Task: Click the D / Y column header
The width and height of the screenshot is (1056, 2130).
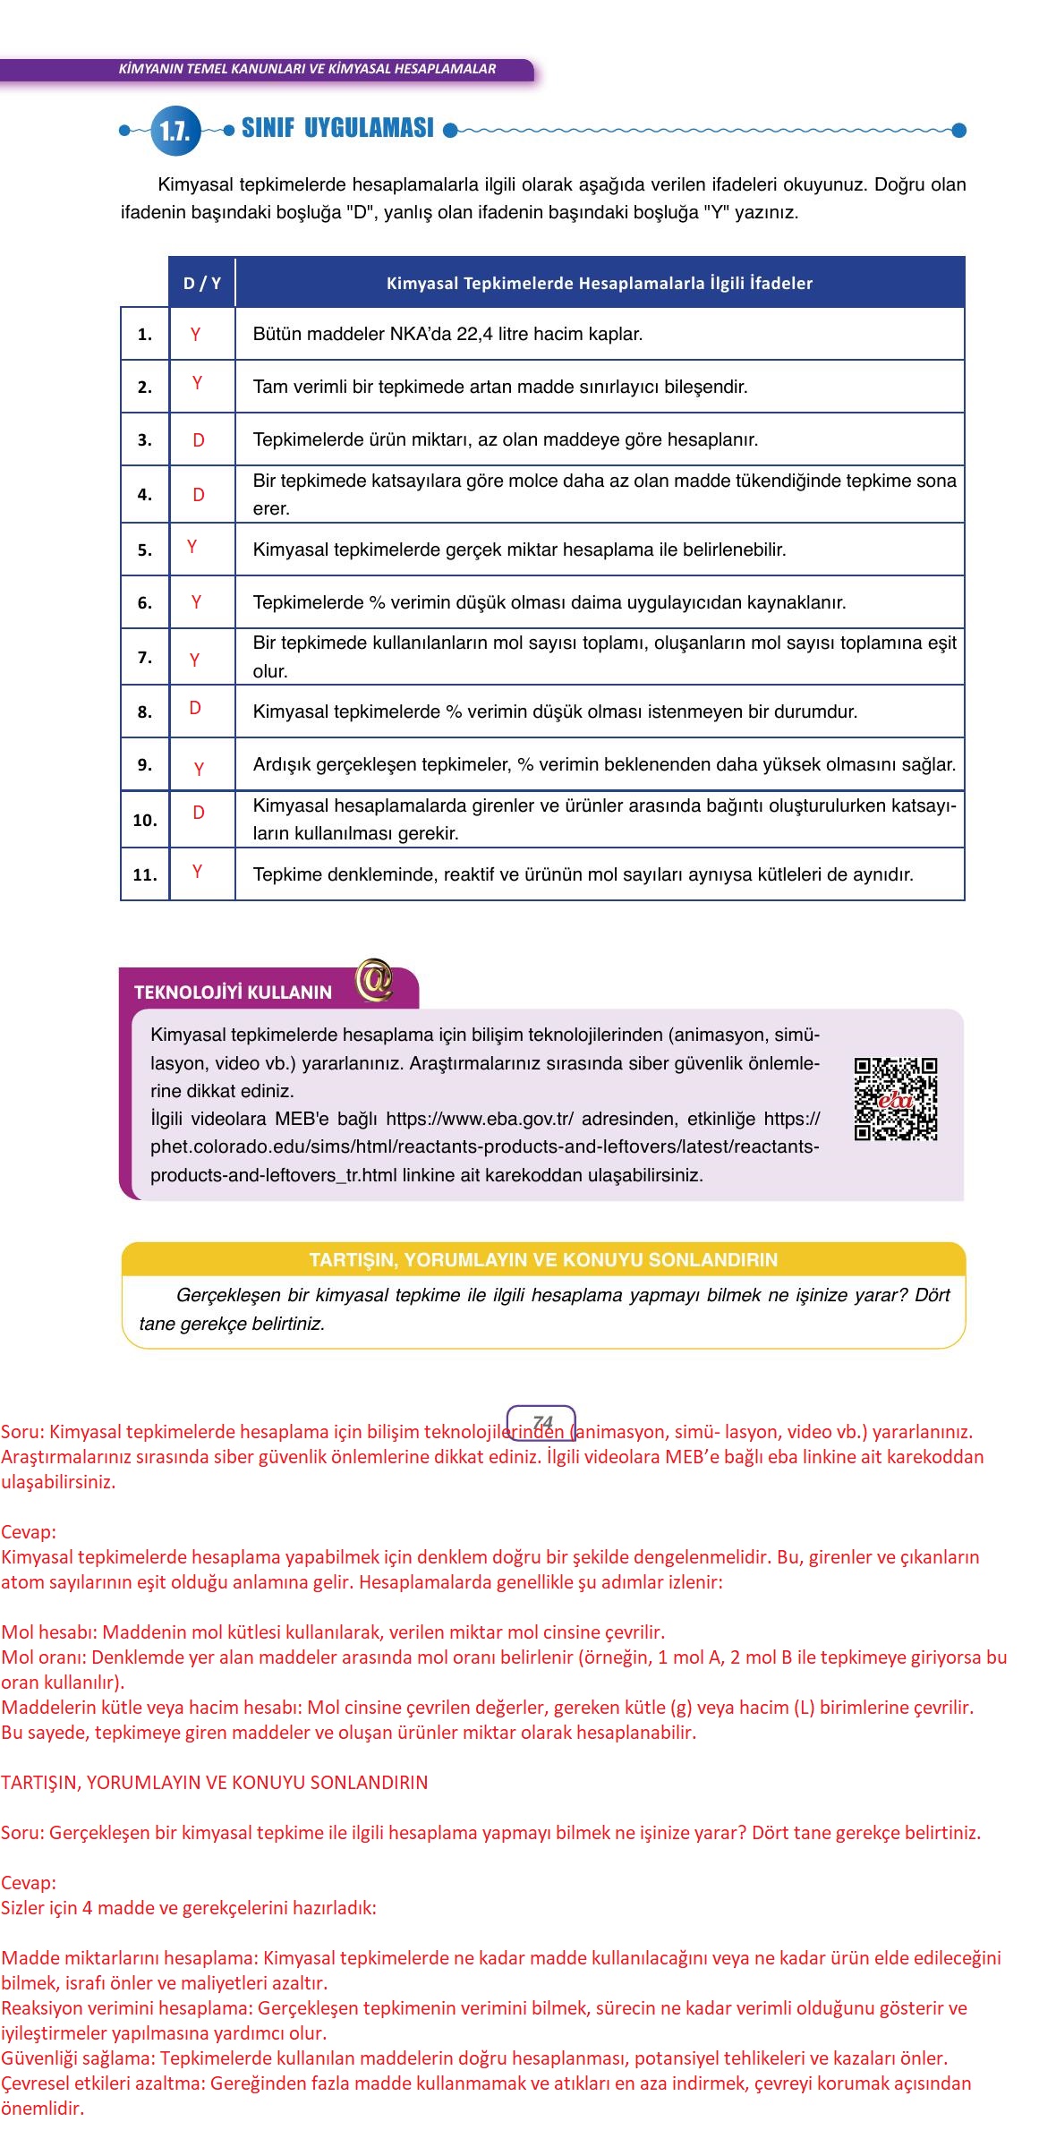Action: [201, 283]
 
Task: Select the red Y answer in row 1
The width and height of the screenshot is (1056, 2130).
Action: [195, 334]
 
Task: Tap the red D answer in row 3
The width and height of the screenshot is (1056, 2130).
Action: [199, 439]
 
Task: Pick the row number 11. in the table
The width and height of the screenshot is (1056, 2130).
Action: [145, 874]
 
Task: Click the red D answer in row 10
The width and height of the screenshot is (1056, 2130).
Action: [199, 813]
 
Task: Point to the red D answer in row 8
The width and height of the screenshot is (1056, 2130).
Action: [195, 708]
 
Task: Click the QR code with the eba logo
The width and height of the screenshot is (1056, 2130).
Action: [895, 1099]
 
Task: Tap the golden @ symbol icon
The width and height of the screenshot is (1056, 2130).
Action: [373, 980]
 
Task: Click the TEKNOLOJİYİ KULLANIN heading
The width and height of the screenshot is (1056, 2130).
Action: [233, 992]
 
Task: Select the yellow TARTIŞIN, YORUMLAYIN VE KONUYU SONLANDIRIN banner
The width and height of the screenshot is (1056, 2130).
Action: [543, 1259]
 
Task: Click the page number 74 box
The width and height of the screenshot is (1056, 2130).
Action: [541, 1422]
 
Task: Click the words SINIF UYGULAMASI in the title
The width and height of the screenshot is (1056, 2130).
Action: [337, 128]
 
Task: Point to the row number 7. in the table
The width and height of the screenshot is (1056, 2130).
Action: [145, 657]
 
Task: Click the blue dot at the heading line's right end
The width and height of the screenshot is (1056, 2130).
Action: [958, 131]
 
